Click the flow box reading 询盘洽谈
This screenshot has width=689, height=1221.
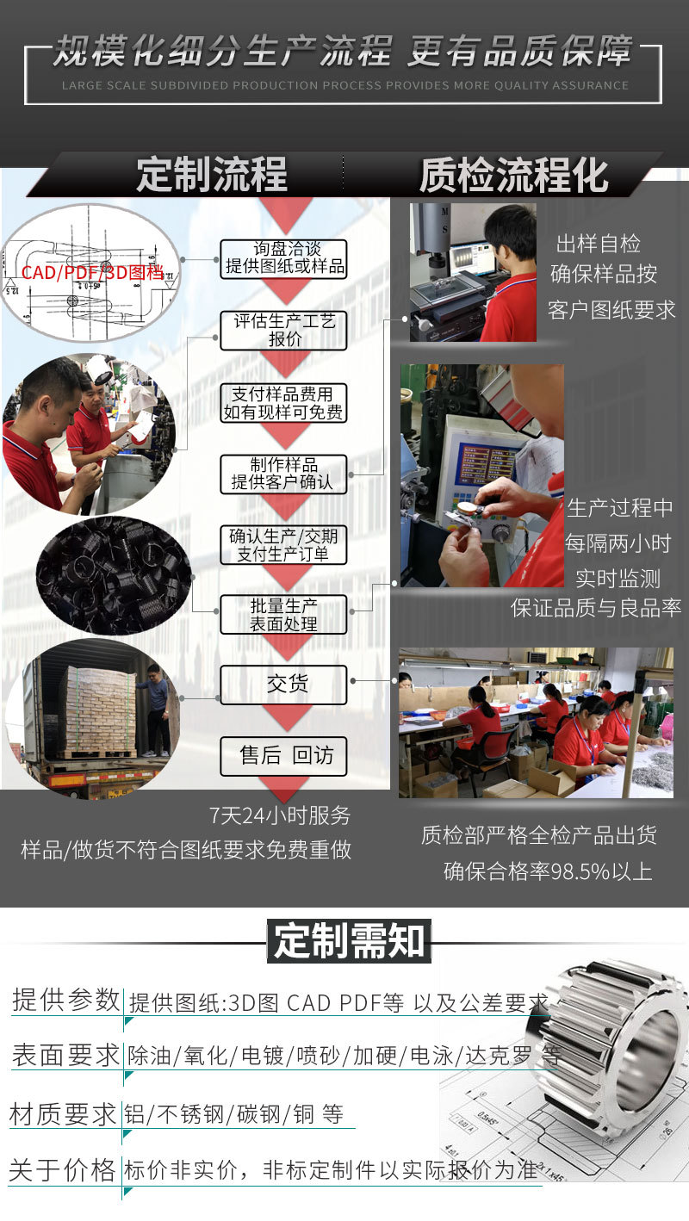[x=283, y=258]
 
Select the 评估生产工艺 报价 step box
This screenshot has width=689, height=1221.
[x=283, y=331]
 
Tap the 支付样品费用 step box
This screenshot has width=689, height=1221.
[x=283, y=403]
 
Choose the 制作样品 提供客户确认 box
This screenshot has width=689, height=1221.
[x=283, y=474]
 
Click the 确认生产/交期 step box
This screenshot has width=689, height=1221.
[x=283, y=545]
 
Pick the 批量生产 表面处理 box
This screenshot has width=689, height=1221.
[x=283, y=615]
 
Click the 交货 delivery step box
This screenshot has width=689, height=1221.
[x=283, y=685]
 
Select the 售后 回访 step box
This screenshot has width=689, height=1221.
[x=283, y=756]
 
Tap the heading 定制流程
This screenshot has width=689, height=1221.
[x=211, y=175]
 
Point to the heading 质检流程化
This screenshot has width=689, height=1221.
[x=513, y=175]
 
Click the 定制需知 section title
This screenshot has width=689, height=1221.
[x=349, y=940]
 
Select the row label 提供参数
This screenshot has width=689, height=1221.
[x=65, y=1000]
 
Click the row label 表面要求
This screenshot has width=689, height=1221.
[x=65, y=1055]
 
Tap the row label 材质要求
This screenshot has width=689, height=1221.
[x=63, y=1114]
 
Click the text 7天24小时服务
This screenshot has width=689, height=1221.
[x=280, y=815]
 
